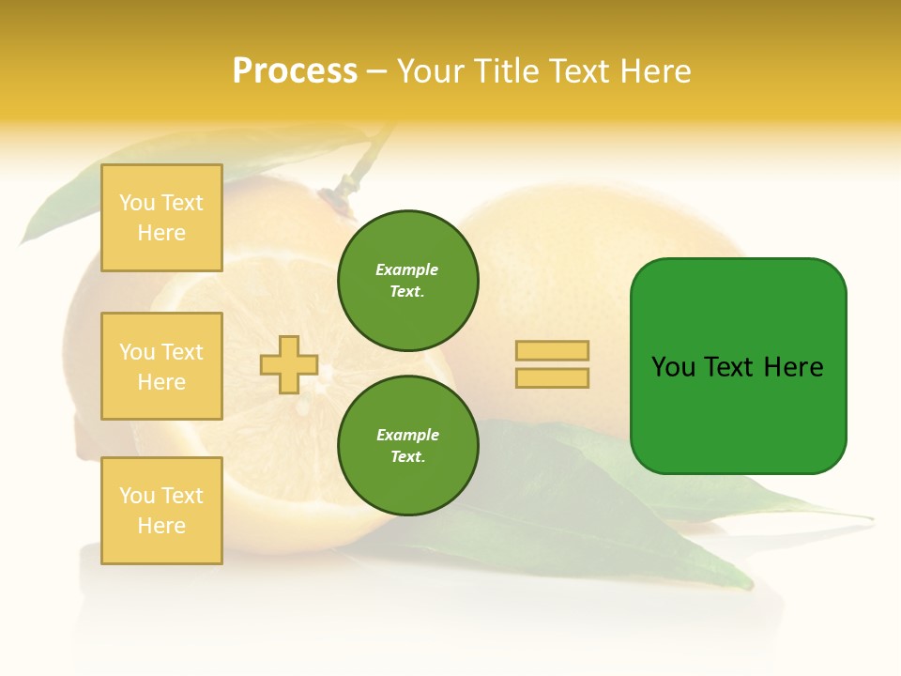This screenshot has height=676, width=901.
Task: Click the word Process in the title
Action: (295, 71)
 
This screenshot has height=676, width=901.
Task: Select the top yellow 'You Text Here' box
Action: (161, 218)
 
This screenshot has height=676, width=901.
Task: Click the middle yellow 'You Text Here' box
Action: (161, 366)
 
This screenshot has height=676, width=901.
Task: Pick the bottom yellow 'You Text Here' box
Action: (161, 511)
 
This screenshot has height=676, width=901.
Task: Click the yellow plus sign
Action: (289, 364)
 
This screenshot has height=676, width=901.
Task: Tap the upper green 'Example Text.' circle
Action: (408, 281)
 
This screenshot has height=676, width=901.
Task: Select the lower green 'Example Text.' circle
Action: (408, 446)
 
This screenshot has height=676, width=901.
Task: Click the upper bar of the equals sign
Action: (552, 350)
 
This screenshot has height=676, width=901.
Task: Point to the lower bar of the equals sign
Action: (552, 378)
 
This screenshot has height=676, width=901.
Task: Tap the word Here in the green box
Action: (793, 367)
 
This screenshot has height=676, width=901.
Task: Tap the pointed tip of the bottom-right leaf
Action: (869, 518)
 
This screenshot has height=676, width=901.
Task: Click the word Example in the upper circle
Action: (407, 270)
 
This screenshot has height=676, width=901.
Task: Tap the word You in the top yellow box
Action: (137, 203)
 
